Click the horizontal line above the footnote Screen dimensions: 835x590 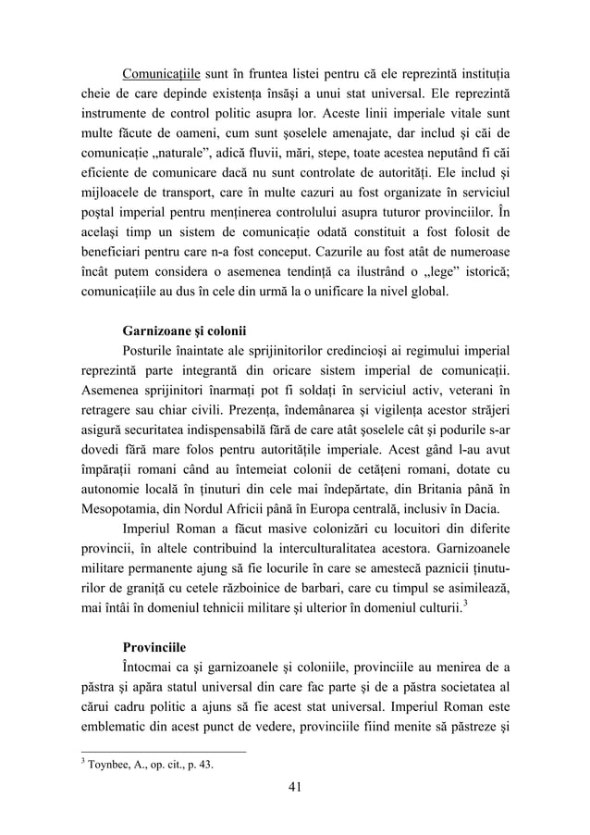pos(162,751)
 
